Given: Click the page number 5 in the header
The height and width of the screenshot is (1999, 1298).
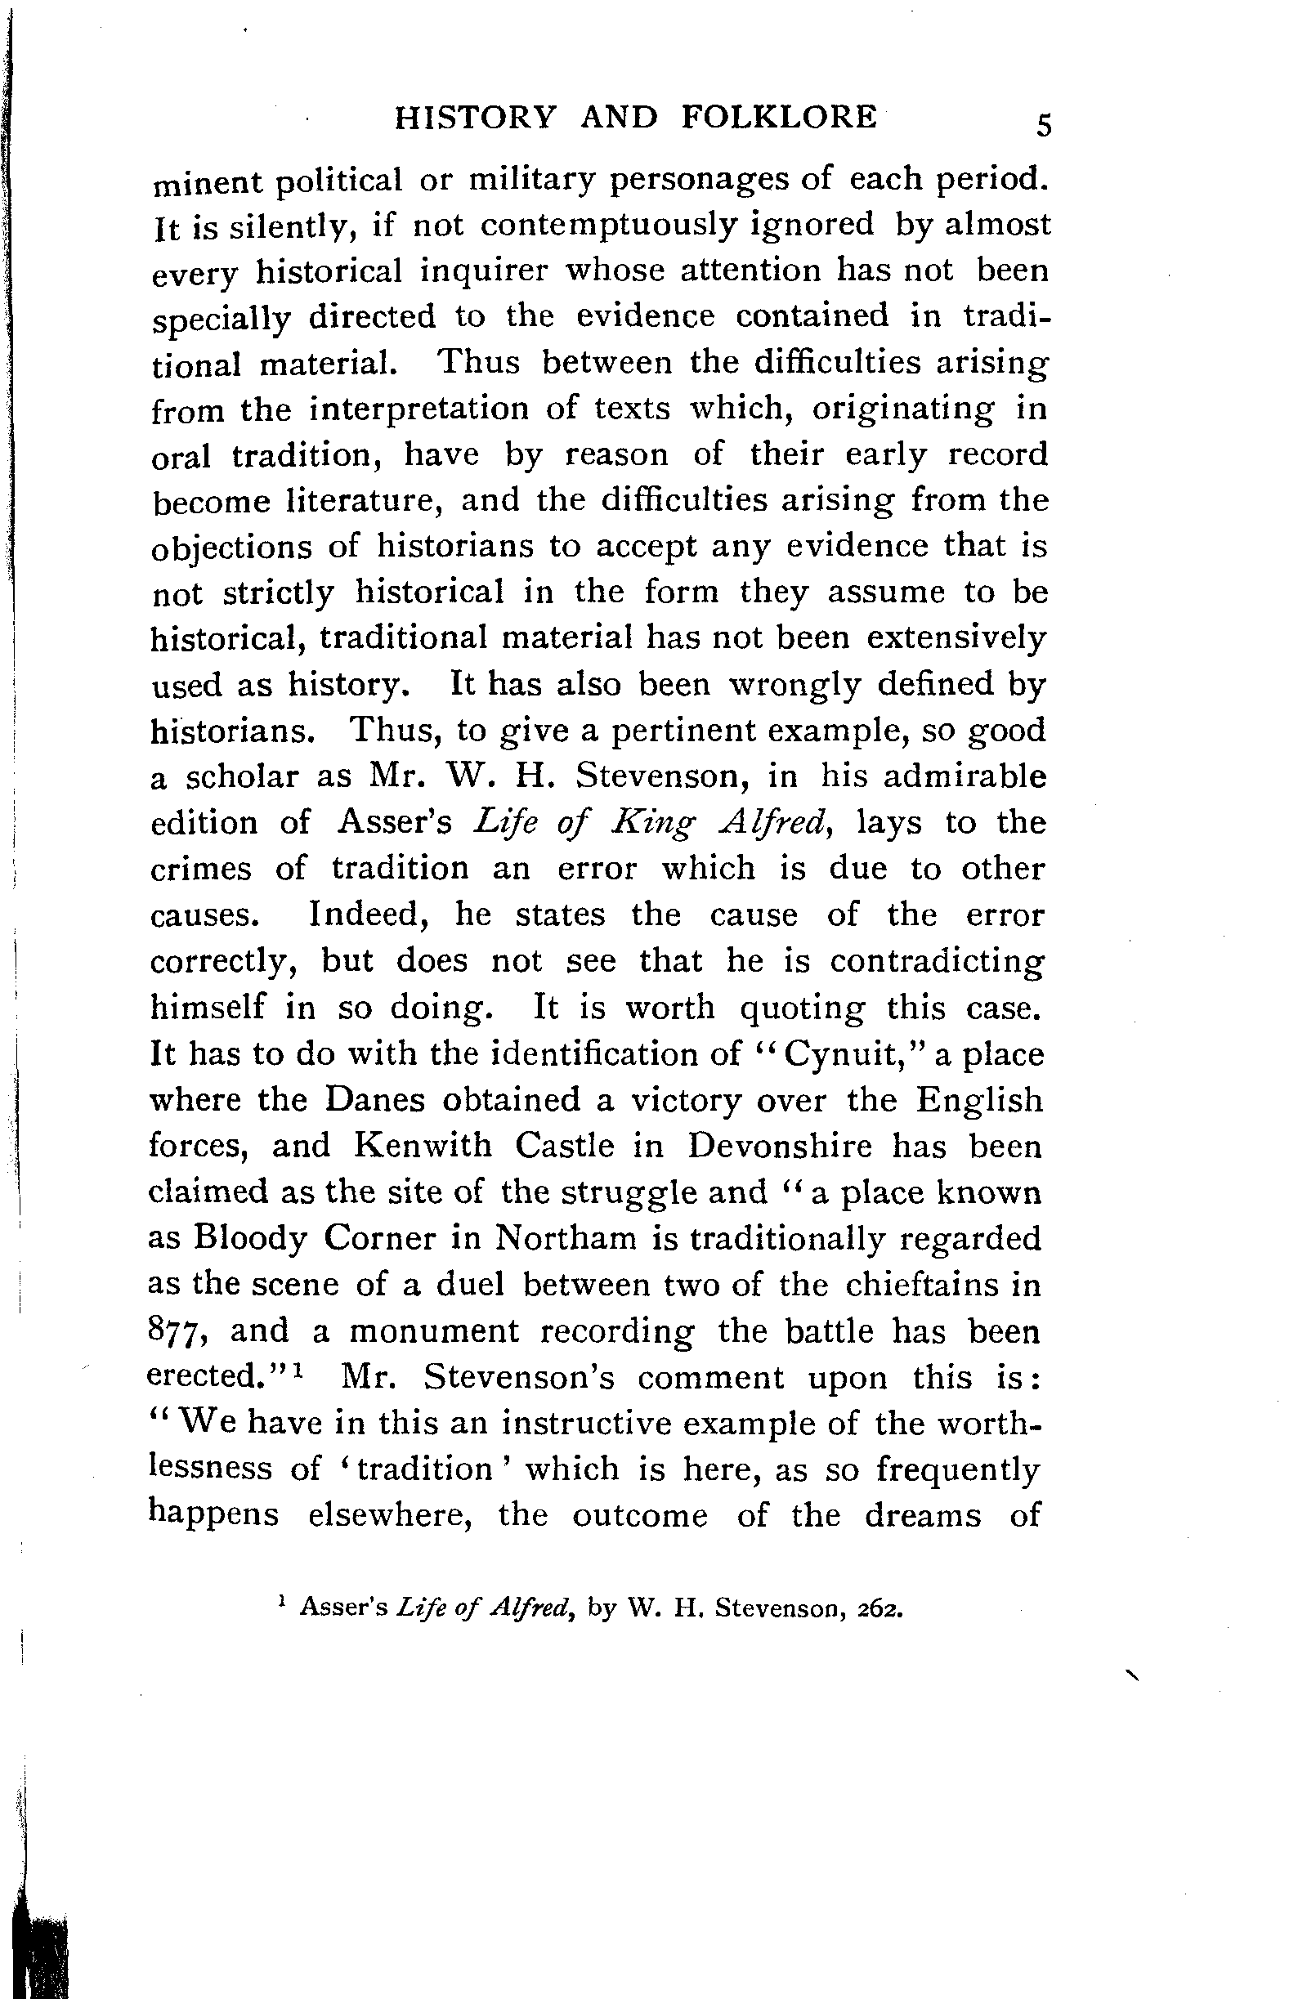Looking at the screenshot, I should [x=1043, y=126].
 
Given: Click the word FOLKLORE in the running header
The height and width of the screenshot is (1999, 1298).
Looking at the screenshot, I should [x=778, y=117].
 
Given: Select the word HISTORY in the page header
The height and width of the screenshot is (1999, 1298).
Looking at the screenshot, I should [x=475, y=118].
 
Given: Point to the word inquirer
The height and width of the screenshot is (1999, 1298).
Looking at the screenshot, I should [x=483, y=271].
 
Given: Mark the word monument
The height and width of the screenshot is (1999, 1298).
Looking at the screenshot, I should [x=434, y=1331].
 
